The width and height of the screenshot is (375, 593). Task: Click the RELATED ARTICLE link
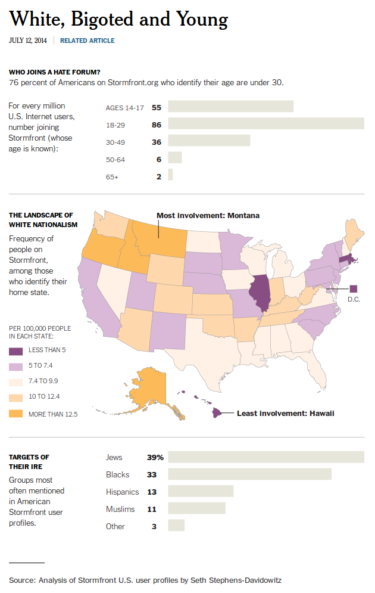point(87,41)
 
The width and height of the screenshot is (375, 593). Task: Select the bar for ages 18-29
point(266,124)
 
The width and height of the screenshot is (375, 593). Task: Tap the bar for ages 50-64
point(175,158)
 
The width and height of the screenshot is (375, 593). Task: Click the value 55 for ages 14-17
point(157,108)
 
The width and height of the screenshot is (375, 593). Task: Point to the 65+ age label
point(112,177)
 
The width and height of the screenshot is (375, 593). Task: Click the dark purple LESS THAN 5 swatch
point(16,352)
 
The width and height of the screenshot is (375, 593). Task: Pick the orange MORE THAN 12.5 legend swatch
point(16,414)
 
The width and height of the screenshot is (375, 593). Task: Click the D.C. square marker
point(354,289)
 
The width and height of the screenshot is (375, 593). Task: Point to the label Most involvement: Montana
point(208,216)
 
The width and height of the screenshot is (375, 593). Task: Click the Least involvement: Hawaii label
point(286,414)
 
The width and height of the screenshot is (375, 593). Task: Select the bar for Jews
point(266,457)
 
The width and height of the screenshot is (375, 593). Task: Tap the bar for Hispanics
point(201,491)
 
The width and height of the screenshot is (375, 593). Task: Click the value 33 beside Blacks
point(152,474)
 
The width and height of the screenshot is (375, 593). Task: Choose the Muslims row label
point(120,509)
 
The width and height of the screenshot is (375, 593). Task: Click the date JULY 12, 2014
point(28,41)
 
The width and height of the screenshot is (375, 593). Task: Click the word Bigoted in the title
point(102,19)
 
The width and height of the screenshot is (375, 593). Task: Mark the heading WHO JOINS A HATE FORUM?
point(55,72)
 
